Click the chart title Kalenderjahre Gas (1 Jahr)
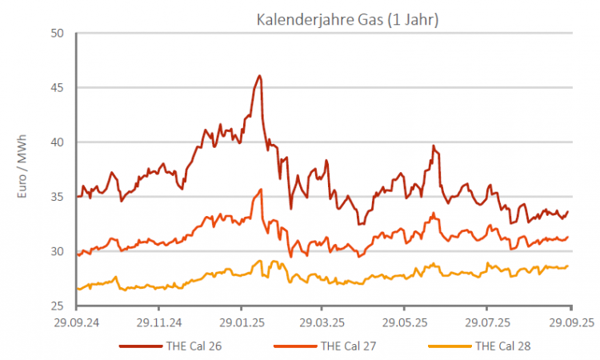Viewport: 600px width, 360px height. [x=347, y=19]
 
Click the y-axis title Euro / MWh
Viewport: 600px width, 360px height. [x=23, y=169]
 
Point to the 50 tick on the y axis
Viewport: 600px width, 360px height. [x=57, y=34]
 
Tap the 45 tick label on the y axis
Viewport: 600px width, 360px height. [x=57, y=88]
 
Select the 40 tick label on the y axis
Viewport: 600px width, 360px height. [x=57, y=142]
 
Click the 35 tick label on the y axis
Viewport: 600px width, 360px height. [x=57, y=197]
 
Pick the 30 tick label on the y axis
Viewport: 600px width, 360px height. [x=57, y=251]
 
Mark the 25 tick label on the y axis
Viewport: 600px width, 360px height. [x=57, y=306]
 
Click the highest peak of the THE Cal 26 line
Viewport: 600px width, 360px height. [x=260, y=76]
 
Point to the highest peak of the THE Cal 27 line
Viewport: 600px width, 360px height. [x=261, y=190]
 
